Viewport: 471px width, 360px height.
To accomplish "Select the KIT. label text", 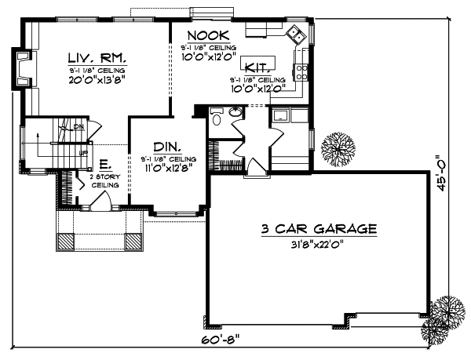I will [258, 67].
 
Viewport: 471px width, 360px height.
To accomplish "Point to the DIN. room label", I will [167, 147].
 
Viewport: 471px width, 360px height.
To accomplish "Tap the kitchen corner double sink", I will [297, 34].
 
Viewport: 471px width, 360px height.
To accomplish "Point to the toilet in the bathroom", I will [217, 121].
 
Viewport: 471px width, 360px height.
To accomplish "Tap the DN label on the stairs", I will [78, 127].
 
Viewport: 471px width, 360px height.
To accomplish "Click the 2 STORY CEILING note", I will [106, 181].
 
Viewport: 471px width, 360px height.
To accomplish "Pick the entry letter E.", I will [104, 165].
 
